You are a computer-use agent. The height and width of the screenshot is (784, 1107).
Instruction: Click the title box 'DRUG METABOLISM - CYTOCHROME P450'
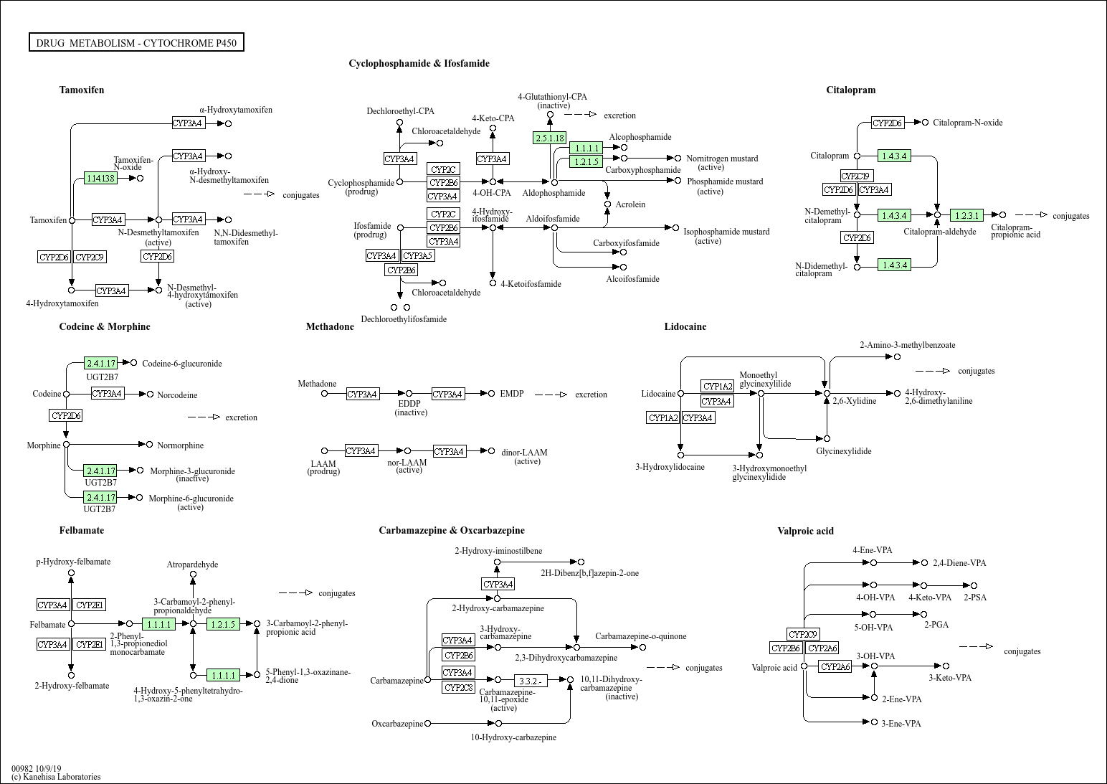click(136, 43)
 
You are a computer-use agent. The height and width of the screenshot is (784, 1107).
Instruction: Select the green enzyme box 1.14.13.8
click(100, 178)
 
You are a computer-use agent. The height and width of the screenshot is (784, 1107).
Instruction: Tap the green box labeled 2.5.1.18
click(550, 138)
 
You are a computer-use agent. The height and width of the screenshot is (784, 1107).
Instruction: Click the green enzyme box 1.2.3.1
click(966, 215)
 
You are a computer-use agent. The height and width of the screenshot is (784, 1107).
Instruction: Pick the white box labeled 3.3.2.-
click(531, 680)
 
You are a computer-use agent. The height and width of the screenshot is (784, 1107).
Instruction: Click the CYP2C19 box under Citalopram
click(857, 176)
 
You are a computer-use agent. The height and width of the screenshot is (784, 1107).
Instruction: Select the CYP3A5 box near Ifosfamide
click(417, 255)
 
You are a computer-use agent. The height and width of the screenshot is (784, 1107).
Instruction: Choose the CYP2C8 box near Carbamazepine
click(458, 687)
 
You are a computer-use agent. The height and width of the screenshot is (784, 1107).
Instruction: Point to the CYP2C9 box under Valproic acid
click(803, 634)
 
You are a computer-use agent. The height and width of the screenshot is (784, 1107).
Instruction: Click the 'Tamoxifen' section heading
click(82, 90)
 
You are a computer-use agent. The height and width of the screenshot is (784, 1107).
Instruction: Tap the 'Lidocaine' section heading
click(685, 326)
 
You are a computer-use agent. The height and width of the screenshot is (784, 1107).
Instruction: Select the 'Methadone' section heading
click(330, 326)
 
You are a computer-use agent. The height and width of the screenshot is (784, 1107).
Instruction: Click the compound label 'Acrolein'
click(630, 204)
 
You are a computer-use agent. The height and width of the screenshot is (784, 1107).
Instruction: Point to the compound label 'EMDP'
click(512, 394)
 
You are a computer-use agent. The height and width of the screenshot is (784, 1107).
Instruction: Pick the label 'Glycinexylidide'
click(843, 451)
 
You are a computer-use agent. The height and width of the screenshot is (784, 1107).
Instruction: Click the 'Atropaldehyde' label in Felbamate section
click(192, 565)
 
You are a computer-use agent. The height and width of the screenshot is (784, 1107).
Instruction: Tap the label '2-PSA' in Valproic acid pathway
click(974, 598)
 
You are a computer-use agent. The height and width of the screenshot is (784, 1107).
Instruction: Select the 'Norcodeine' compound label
click(177, 395)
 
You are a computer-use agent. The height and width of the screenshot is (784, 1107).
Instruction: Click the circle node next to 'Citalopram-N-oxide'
click(926, 123)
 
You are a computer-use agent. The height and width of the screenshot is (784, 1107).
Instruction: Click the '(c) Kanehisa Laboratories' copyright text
click(56, 776)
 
